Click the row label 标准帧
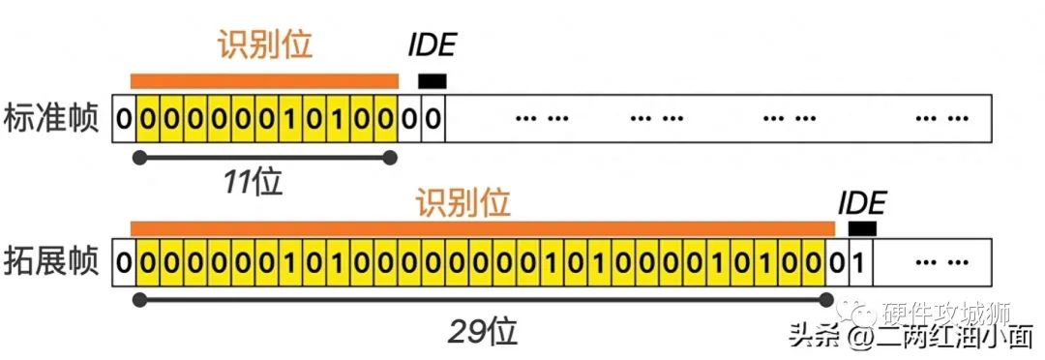pos(53,119)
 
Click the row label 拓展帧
pos(53,262)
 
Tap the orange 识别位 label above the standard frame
pos(264,46)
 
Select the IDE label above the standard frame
pos(432,46)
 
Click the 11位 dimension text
pos(252,182)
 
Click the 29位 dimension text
pos(483,331)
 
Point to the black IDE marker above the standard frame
pos(432,82)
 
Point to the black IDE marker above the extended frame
pos(862,229)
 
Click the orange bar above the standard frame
pos(264,81)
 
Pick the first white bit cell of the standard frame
pos(123,119)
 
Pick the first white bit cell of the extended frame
pos(123,262)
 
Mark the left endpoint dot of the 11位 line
pos(140,157)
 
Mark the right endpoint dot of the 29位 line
pos(826,300)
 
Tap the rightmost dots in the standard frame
pos(942,119)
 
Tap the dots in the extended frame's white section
pos(942,262)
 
